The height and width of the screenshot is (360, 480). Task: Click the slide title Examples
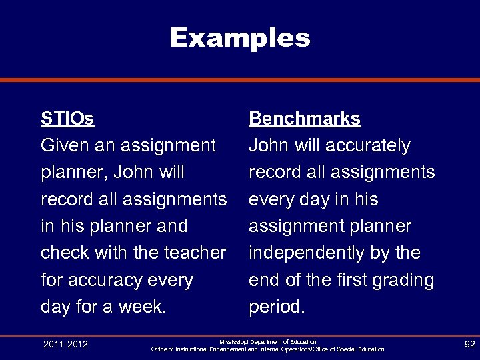pyautogui.click(x=240, y=37)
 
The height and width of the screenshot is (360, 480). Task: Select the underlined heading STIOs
pyautogui.click(x=67, y=119)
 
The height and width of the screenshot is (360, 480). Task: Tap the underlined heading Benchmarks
pyautogui.click(x=305, y=119)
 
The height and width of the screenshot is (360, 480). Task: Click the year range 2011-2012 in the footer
pyautogui.click(x=65, y=344)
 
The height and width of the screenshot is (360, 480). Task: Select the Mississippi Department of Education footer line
pyautogui.click(x=268, y=341)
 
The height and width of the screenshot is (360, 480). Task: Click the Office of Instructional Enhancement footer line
pyautogui.click(x=268, y=349)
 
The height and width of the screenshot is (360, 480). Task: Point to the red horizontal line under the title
pyautogui.click(x=240, y=79)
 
